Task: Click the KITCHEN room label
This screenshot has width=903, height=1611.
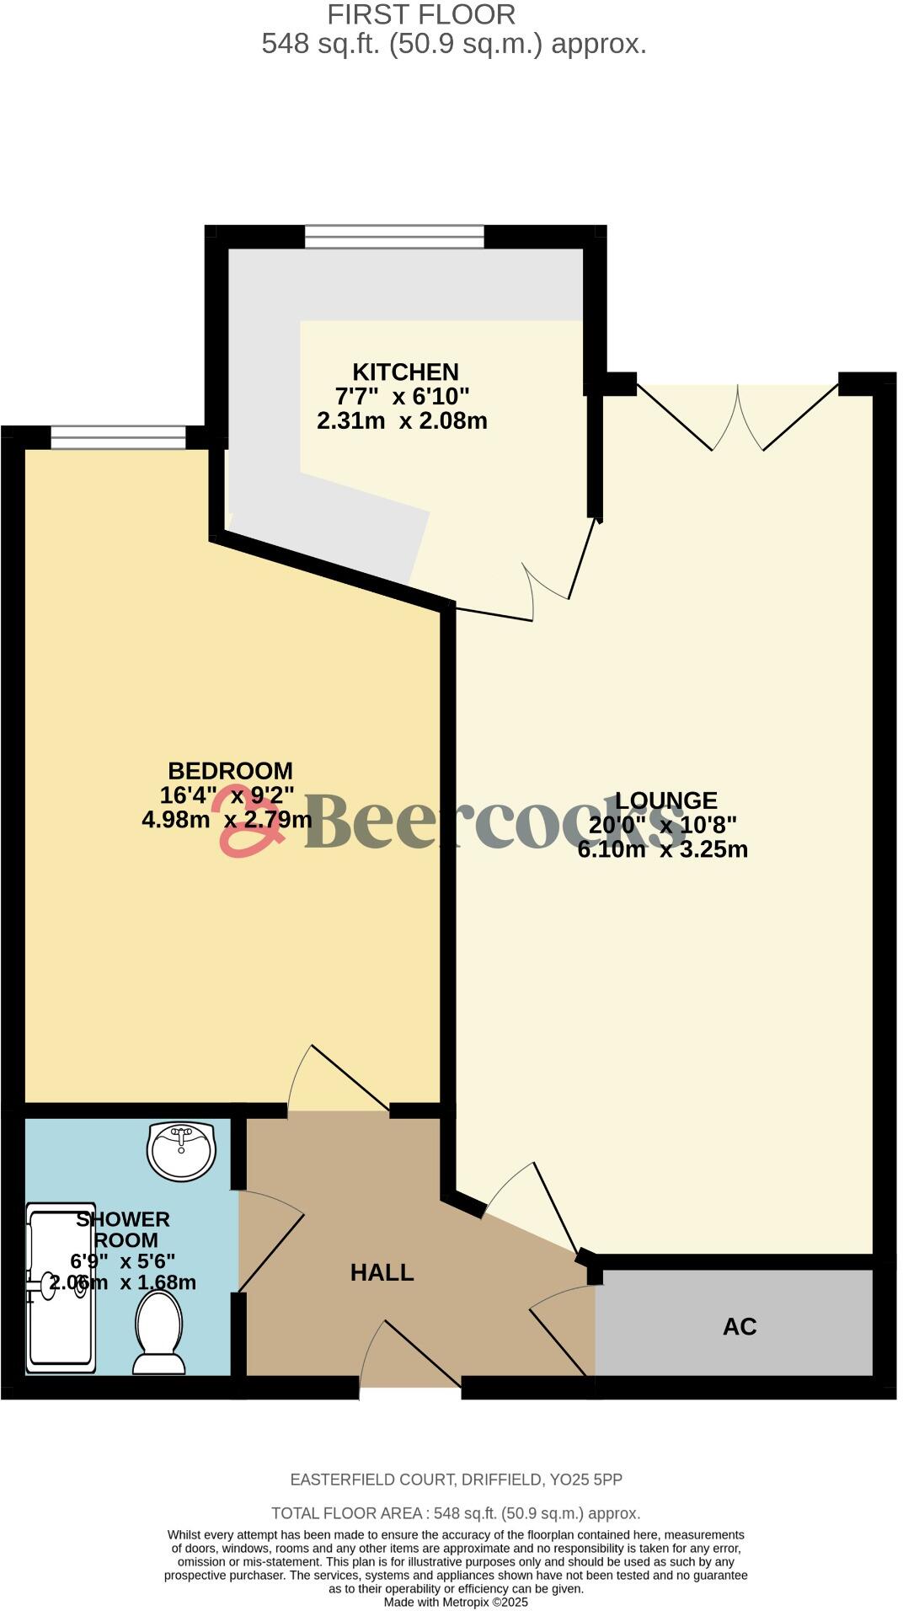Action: pos(405,372)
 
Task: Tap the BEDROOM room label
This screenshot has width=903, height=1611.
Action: pos(230,771)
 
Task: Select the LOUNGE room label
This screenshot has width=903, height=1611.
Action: pos(665,800)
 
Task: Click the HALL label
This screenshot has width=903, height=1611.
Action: pos(382,1272)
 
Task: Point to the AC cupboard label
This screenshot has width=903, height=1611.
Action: pos(740,1327)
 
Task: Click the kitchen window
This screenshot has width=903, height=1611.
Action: pos(394,237)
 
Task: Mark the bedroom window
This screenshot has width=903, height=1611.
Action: pos(118,437)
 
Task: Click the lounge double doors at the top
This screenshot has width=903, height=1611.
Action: pos(738,418)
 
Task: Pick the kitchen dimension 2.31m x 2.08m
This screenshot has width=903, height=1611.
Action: pos(402,420)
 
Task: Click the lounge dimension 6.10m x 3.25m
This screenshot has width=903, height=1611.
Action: pos(663,849)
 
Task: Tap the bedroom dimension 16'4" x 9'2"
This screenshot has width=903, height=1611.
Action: pos(227,795)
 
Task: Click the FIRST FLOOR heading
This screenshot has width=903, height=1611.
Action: pos(421,14)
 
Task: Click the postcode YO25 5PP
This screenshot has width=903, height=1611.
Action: pos(585,1480)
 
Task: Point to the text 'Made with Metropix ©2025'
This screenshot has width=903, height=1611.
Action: pos(456,1602)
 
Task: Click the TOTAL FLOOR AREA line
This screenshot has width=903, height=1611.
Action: pos(456,1513)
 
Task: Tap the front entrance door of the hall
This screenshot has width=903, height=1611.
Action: pos(410,1357)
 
